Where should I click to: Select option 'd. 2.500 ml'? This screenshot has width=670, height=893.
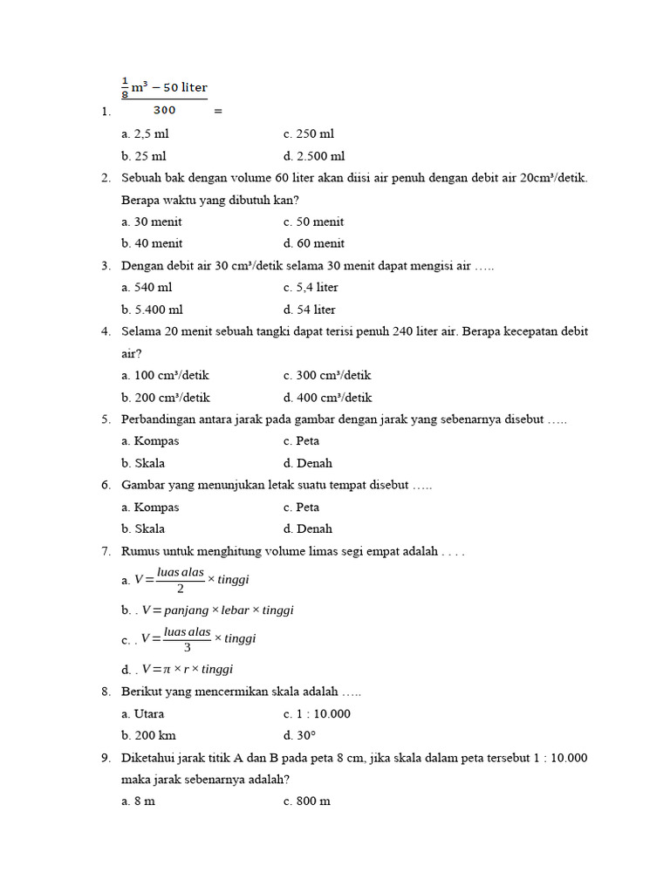(x=314, y=156)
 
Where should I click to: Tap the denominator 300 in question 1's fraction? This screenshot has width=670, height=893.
(x=164, y=110)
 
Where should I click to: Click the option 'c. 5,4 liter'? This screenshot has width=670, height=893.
(x=311, y=287)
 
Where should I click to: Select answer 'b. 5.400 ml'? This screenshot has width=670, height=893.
(x=153, y=310)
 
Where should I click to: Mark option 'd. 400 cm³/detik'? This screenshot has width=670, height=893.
(x=327, y=397)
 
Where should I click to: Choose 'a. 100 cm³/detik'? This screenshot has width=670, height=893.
(x=166, y=375)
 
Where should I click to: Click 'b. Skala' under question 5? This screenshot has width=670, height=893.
(x=143, y=463)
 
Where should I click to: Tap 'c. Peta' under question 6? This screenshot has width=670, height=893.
(x=301, y=507)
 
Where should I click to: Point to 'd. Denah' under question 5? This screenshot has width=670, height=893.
(x=307, y=463)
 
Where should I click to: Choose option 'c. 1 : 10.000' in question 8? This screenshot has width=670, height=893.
(x=317, y=713)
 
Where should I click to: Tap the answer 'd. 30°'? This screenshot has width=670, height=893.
(x=299, y=735)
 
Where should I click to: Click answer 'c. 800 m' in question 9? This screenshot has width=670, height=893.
(x=306, y=801)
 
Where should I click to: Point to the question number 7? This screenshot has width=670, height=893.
(x=106, y=551)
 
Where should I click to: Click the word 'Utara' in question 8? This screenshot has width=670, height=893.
(x=149, y=713)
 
